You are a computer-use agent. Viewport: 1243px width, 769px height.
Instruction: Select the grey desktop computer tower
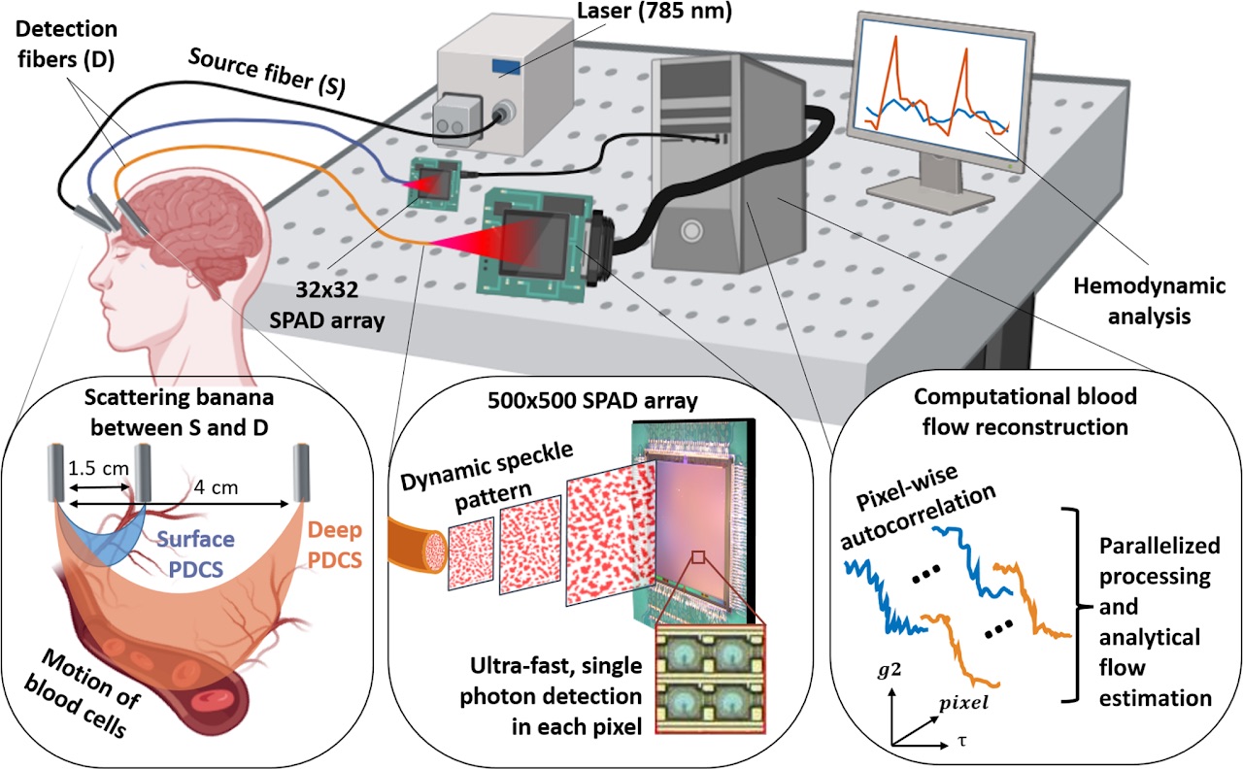click(728, 160)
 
